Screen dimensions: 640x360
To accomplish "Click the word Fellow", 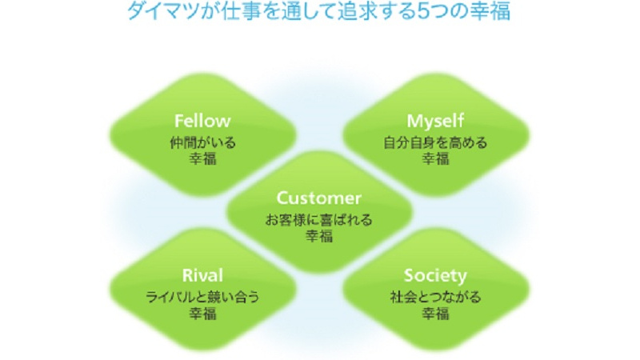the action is tap(202, 121).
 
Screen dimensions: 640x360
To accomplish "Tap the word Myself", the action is tap(435, 121).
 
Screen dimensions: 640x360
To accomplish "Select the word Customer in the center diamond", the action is tap(318, 198).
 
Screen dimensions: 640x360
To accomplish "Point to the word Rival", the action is tap(202, 275).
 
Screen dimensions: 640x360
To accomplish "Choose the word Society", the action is tap(435, 276).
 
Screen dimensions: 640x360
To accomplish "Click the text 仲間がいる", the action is tap(203, 143).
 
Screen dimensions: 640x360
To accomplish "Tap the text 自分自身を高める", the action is tap(435, 143).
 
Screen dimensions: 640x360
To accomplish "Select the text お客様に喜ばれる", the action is tap(318, 220).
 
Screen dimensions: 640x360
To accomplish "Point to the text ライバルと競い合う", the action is tap(202, 297).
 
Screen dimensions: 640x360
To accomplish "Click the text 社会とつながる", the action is tap(435, 297).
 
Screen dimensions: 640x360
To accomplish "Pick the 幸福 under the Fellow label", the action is tap(203, 158).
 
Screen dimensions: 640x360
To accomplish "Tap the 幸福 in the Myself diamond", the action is tap(435, 158).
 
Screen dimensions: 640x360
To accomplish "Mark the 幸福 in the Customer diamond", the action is tap(319, 235).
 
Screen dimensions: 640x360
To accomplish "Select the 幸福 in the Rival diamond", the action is tap(203, 313).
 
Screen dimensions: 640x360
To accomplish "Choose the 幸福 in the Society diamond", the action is tap(435, 313).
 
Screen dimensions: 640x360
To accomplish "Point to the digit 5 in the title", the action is tap(424, 11).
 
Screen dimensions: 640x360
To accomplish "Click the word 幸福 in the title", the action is tap(490, 11).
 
